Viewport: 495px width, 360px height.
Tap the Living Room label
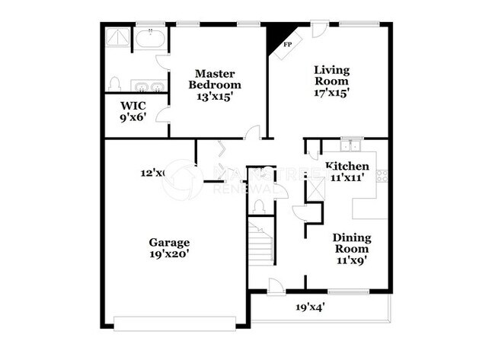[x=331, y=75]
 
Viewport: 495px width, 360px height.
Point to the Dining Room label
[x=351, y=243]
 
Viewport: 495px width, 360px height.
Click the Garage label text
[x=169, y=243]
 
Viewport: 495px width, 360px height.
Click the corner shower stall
[x=118, y=37]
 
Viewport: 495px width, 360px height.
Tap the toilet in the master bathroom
[x=115, y=82]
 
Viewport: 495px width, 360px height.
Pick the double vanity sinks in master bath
[x=148, y=85]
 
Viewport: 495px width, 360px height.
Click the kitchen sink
[x=351, y=145]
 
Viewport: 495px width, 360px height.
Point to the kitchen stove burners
[x=382, y=177]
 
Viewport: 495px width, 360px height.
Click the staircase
[x=261, y=243]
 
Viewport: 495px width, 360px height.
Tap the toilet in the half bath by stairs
[x=258, y=205]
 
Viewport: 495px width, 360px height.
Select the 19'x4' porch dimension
[x=311, y=307]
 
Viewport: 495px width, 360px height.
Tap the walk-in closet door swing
[x=161, y=116]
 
